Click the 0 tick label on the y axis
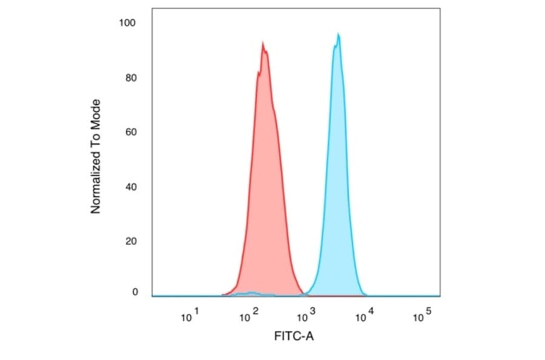134,292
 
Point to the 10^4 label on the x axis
365,315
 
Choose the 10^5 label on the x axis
422,315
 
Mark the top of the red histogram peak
263,42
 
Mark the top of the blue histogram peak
339,33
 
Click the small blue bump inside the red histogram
250,293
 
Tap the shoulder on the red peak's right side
276,112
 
